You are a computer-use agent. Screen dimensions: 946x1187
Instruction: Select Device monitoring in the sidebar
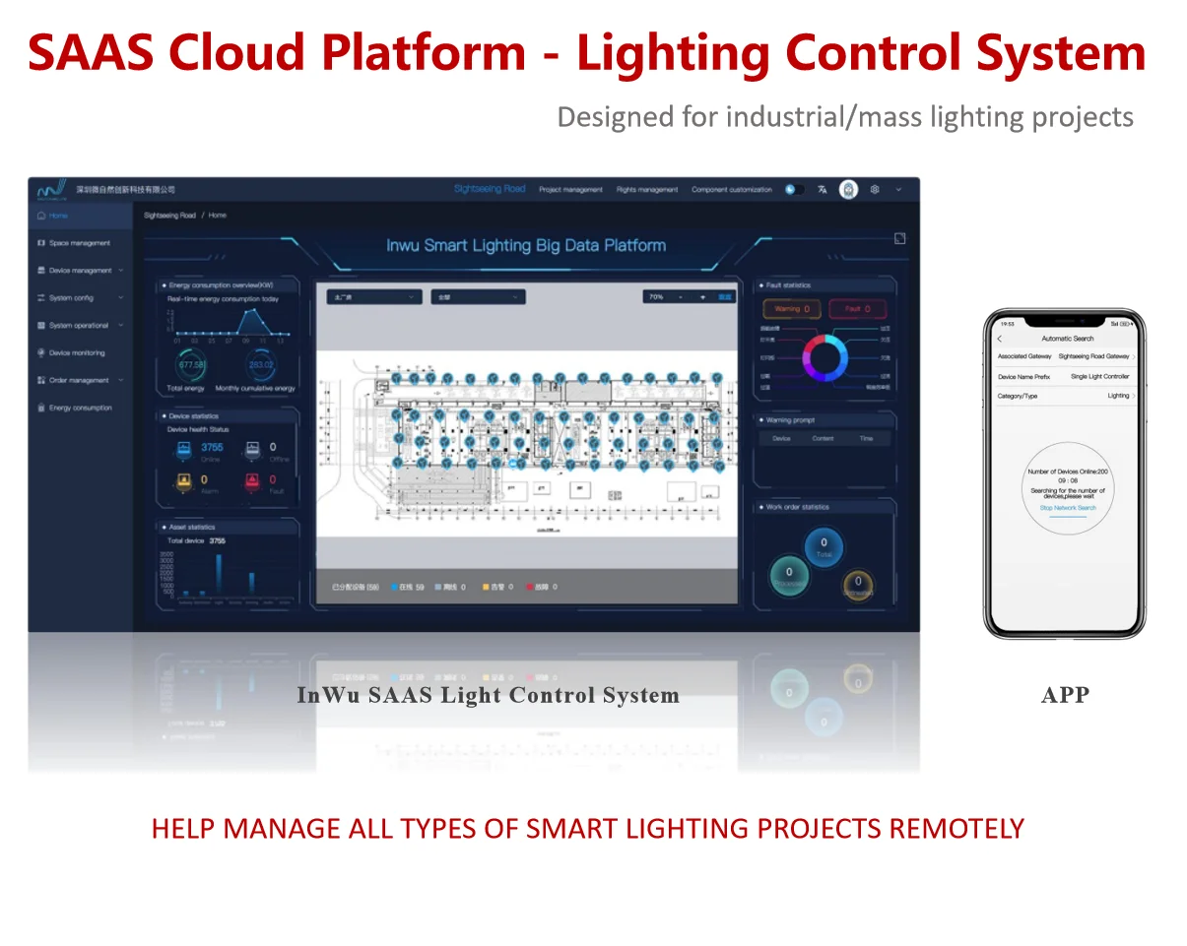click(76, 352)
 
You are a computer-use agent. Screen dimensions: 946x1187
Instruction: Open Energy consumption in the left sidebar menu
click(80, 408)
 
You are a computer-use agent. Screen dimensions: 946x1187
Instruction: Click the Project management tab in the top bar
click(570, 189)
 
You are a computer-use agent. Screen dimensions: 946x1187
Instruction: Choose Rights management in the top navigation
click(647, 189)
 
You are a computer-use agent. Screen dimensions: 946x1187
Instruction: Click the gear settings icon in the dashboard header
click(874, 189)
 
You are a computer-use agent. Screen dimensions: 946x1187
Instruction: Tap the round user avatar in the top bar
click(848, 189)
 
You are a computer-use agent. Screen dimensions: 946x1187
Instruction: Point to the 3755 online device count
click(212, 447)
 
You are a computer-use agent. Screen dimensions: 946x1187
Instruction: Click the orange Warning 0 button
click(792, 309)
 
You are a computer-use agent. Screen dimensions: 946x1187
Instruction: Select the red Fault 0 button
click(858, 309)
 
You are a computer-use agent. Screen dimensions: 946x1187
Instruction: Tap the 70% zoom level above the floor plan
click(655, 296)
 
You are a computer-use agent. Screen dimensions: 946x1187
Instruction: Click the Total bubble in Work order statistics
click(824, 546)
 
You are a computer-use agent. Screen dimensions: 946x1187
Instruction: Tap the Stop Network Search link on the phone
click(1067, 508)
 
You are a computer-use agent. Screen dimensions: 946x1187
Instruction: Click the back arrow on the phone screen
click(1000, 339)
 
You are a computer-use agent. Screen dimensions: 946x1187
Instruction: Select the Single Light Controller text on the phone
click(1099, 377)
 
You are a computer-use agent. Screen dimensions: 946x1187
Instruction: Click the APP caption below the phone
click(1065, 695)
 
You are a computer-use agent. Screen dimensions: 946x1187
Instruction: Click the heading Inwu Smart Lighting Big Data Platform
click(526, 245)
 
